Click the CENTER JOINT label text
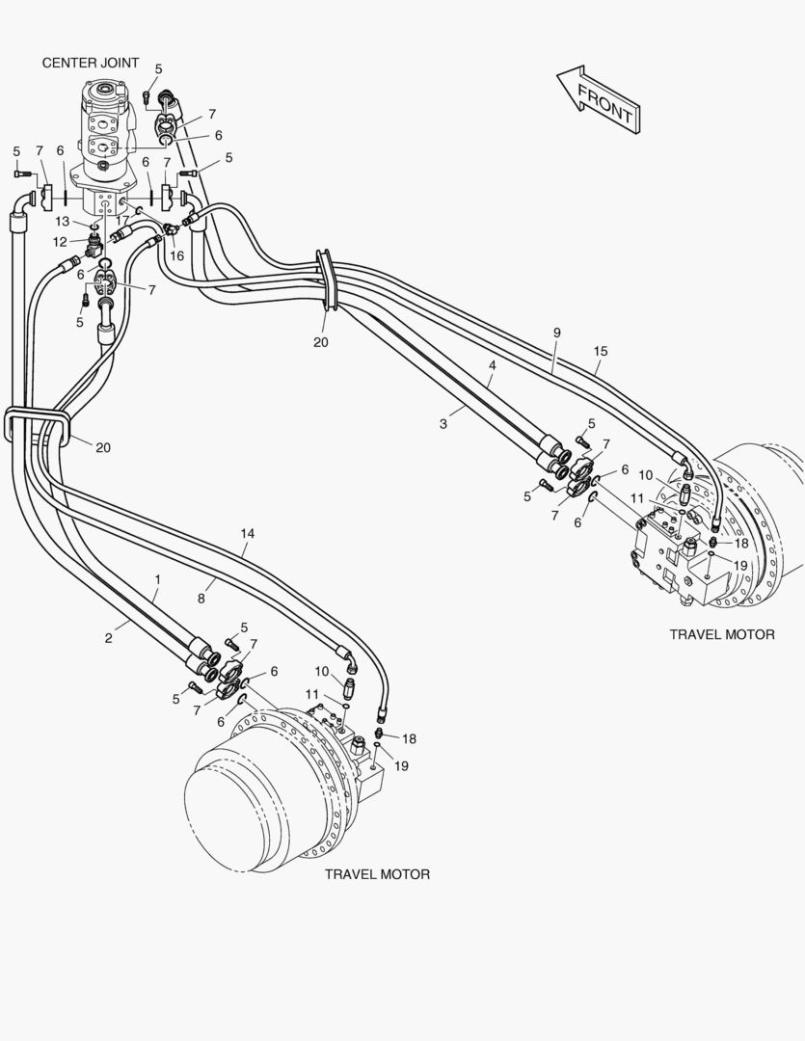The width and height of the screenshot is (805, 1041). pyautogui.click(x=91, y=63)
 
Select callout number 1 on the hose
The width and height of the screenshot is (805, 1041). pyautogui.click(x=157, y=579)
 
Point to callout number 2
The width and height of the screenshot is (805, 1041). pyautogui.click(x=109, y=638)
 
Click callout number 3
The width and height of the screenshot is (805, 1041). pyautogui.click(x=443, y=423)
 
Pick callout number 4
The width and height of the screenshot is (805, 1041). pyautogui.click(x=493, y=366)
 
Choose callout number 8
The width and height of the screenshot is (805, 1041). pyautogui.click(x=201, y=599)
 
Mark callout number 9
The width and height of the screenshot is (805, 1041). pyautogui.click(x=556, y=333)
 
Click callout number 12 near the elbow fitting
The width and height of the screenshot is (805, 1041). pyautogui.click(x=60, y=241)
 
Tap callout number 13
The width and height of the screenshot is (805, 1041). pyautogui.click(x=62, y=222)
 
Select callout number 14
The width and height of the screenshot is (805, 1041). pyautogui.click(x=248, y=533)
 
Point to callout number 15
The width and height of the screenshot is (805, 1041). pyautogui.click(x=601, y=352)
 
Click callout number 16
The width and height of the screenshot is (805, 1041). pyautogui.click(x=176, y=255)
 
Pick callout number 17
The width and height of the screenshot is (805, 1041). pyautogui.click(x=122, y=220)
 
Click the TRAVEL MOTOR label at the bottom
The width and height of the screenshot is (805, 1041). pyautogui.click(x=377, y=874)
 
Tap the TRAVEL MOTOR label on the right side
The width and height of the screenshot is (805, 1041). pyautogui.click(x=722, y=634)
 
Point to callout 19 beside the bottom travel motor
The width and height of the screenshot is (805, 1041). pyautogui.click(x=402, y=765)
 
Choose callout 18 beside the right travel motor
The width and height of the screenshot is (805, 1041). pyautogui.click(x=740, y=544)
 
